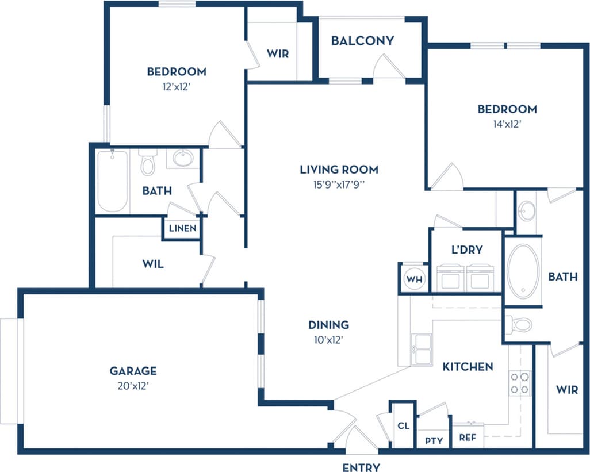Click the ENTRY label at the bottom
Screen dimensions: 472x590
tap(361, 467)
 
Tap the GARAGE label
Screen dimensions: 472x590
tap(133, 371)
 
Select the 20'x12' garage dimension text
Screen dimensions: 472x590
tap(133, 386)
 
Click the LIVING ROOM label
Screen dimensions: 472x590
tap(339, 170)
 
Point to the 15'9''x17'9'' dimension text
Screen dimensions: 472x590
tap(339, 185)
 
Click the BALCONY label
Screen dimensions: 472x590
tap(362, 41)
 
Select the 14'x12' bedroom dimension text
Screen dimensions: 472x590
tap(507, 124)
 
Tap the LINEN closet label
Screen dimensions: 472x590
tap(182, 228)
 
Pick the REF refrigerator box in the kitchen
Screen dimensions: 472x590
tap(468, 437)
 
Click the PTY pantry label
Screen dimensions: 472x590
tap(434, 440)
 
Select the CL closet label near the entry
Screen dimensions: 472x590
tap(403, 426)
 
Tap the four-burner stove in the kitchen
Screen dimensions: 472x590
tap(519, 383)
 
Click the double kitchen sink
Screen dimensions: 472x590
tap(421, 349)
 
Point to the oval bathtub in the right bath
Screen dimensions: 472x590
tap(523, 270)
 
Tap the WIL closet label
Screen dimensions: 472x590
tap(152, 264)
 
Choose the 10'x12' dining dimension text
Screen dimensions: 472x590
tap(328, 340)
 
